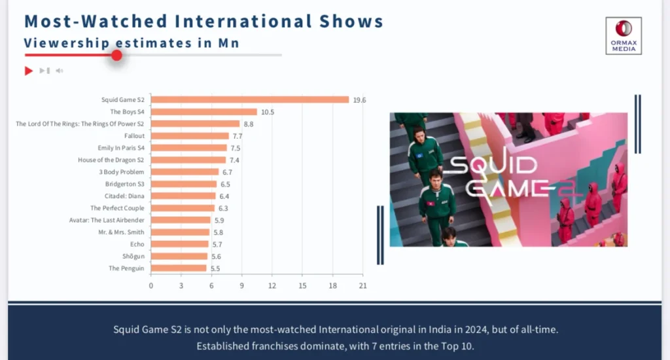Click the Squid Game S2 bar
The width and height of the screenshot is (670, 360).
click(250, 99)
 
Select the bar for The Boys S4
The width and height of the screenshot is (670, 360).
click(204, 112)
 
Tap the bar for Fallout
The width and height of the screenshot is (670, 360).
click(190, 136)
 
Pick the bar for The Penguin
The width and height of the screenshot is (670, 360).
click(179, 268)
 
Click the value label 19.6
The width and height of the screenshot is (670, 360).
click(359, 100)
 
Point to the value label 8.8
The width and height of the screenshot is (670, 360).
click(248, 124)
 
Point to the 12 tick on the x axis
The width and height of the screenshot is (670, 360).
click(272, 285)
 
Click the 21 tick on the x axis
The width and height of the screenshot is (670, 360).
click(363, 285)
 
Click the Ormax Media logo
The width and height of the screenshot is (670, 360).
click(624, 35)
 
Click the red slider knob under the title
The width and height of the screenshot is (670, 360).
click(116, 55)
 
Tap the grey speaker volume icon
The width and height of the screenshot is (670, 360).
click(59, 71)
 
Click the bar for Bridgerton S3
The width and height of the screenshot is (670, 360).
click(184, 184)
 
